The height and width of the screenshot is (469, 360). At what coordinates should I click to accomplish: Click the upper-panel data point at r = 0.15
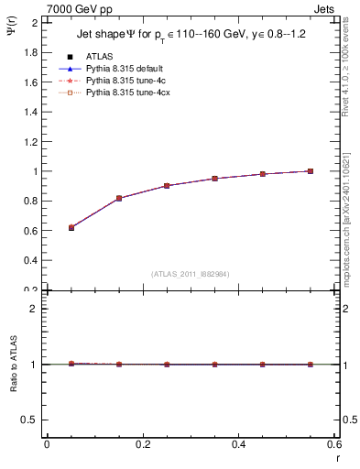tap(119, 198)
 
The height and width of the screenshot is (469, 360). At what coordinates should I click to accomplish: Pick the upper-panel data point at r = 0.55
tap(311, 171)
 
